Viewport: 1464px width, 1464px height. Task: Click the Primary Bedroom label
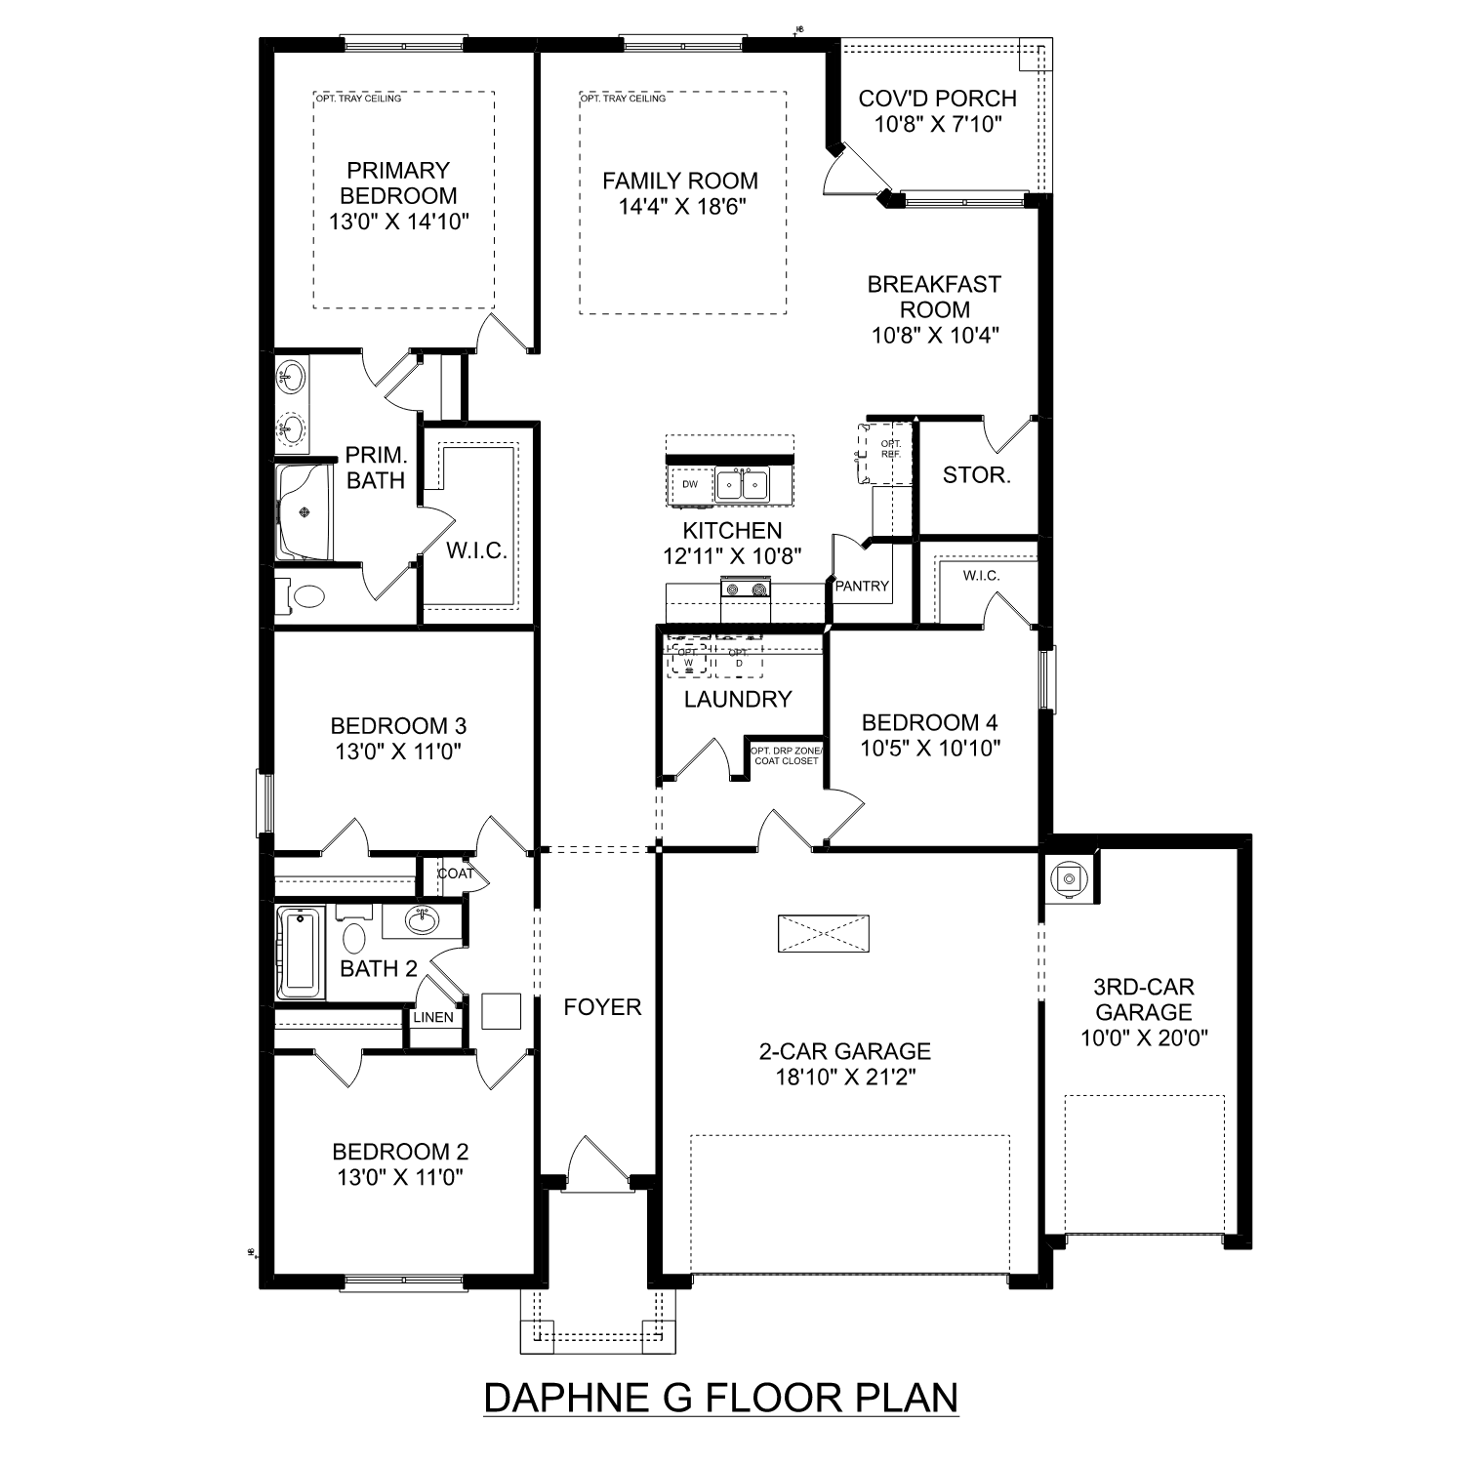tap(398, 183)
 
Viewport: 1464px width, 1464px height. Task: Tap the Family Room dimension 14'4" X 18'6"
tap(682, 206)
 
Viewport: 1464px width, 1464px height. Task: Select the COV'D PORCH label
tap(937, 99)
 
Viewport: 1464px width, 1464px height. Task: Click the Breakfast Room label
tap(934, 297)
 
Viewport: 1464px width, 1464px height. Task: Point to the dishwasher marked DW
tap(690, 484)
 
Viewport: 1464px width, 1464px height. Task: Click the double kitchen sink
tap(742, 484)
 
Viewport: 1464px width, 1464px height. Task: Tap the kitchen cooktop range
tap(746, 588)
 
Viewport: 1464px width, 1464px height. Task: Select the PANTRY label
tap(862, 586)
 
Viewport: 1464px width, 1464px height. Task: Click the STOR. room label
tap(976, 475)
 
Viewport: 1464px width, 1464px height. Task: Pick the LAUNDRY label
tap(737, 699)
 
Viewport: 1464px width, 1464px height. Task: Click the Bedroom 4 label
tap(929, 722)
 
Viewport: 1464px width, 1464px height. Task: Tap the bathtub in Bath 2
tap(301, 953)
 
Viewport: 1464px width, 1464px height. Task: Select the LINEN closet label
tap(432, 1017)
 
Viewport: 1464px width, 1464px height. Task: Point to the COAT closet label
tap(455, 874)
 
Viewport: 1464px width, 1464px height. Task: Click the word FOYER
tap(602, 1007)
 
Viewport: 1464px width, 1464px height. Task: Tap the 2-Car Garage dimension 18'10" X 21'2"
tap(844, 1077)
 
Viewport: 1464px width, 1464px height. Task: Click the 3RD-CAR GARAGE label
tap(1144, 999)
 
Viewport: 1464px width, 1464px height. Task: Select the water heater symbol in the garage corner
tap(1070, 878)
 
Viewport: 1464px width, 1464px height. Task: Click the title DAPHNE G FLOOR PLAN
tap(721, 1398)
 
